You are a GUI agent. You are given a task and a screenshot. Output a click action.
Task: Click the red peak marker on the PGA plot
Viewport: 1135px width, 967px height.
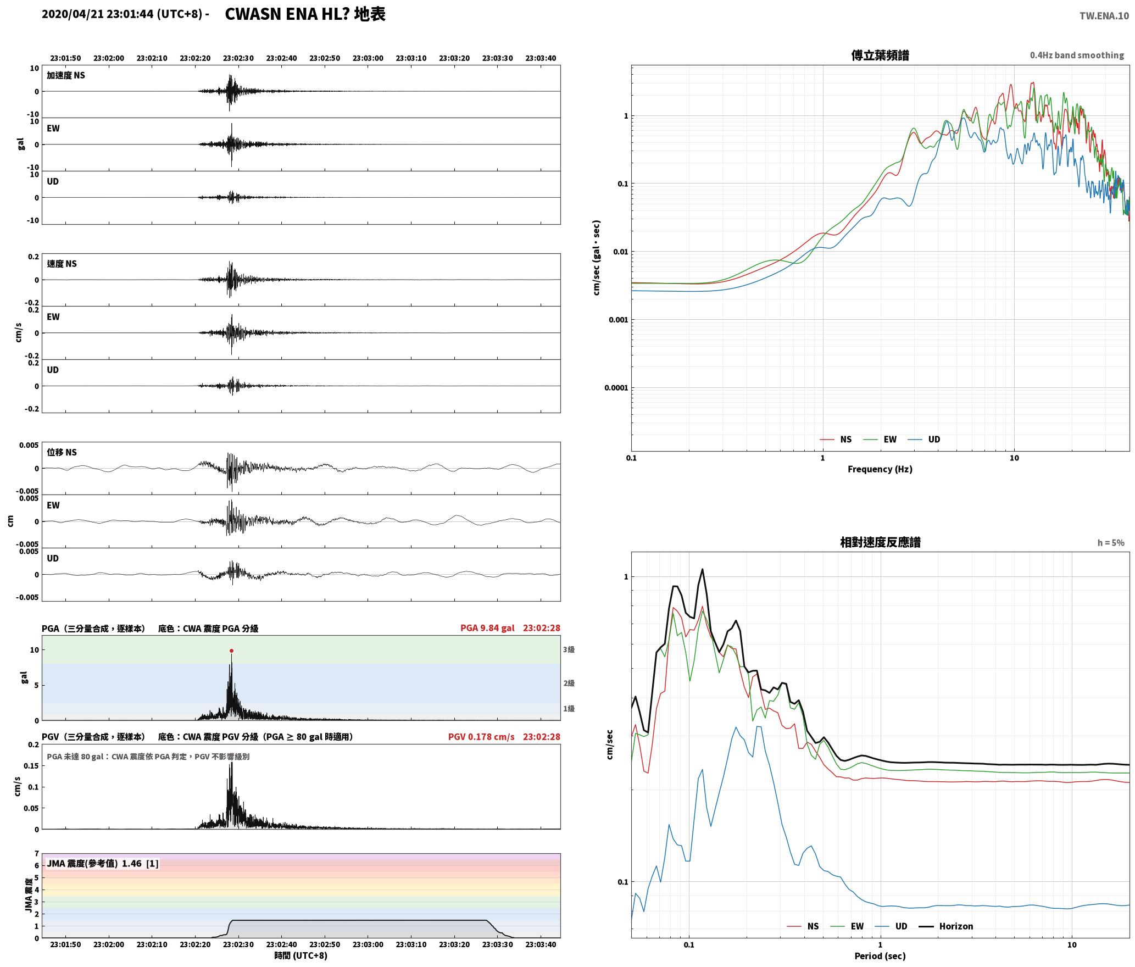(231, 651)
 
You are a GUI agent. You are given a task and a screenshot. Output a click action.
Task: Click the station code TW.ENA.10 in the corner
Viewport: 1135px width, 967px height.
(1104, 16)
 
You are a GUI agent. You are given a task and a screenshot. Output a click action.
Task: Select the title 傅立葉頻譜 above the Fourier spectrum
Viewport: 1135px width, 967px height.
(880, 55)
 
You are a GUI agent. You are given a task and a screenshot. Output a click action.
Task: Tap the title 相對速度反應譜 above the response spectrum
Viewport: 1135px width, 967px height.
(880, 542)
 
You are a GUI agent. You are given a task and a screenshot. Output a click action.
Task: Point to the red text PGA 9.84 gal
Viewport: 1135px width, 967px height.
(487, 627)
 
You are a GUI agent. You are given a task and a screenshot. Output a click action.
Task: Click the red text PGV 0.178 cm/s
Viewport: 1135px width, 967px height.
(481, 736)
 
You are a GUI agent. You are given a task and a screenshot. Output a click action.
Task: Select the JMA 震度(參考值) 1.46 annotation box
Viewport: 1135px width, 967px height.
(103, 863)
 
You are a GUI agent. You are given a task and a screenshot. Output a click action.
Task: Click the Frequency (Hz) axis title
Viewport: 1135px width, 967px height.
(880, 469)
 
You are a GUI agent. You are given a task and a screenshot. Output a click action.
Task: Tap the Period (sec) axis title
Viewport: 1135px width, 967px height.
(880, 956)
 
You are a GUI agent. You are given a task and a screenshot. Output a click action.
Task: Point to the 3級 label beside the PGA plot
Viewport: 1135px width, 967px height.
(569, 649)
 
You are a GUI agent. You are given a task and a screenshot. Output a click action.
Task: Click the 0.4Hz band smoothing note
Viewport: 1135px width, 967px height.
(1077, 55)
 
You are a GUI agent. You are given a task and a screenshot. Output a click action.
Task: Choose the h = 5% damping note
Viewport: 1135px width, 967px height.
(1111, 543)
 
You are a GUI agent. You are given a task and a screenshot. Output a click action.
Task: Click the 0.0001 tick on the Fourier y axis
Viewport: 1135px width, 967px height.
(616, 388)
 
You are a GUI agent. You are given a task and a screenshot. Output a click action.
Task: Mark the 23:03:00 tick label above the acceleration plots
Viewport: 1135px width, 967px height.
(368, 58)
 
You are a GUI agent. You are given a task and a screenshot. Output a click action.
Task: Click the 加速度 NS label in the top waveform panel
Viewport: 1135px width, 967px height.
(66, 75)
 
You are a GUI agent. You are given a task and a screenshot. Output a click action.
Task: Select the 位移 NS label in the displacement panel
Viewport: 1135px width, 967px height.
(62, 452)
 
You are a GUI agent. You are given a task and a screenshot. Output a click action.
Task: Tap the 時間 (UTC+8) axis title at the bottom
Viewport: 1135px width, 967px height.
(301, 955)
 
